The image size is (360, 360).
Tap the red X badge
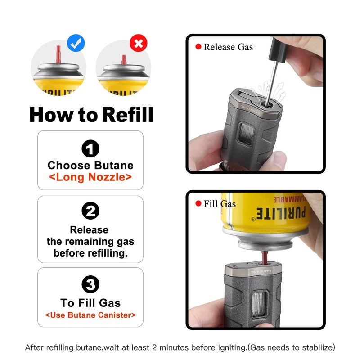138,43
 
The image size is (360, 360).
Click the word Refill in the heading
127,114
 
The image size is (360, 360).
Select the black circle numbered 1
90,149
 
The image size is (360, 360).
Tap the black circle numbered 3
90,284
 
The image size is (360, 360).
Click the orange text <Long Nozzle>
90,177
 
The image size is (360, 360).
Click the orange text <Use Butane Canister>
90,315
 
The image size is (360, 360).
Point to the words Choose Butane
90,165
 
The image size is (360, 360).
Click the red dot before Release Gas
198,47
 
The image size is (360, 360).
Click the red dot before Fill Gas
198,204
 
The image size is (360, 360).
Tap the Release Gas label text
228,47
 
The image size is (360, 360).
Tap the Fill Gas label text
220,204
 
